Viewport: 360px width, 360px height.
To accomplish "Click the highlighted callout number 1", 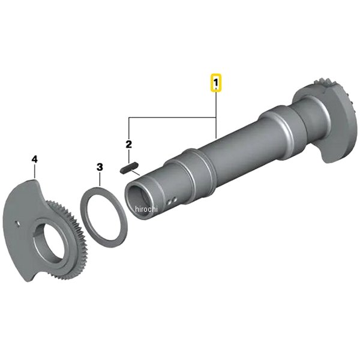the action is coord(215,82).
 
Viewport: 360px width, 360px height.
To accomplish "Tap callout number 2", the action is coord(129,144).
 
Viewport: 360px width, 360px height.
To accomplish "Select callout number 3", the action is coord(100,167).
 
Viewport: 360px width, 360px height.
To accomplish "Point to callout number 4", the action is coord(34,159).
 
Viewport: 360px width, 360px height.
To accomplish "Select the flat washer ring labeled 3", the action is coord(104,217).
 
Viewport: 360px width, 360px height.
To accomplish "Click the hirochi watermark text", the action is coord(146,209).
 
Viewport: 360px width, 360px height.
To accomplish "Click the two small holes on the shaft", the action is coord(172,200).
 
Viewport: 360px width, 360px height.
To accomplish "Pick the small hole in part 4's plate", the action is coord(17,223).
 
